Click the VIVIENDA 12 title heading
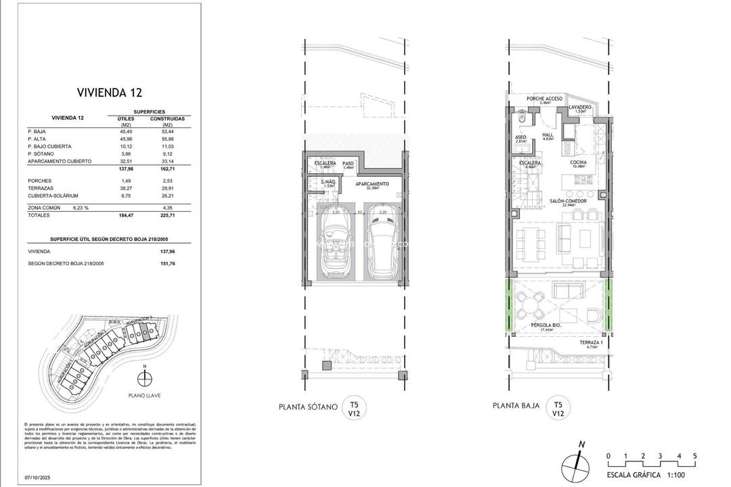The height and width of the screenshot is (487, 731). [x=109, y=93]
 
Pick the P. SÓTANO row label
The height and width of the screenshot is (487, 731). [x=41, y=154]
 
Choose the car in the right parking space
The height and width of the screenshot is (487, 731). [x=383, y=248]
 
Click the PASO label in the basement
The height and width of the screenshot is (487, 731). [x=348, y=164]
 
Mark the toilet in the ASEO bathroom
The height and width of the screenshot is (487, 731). [x=520, y=119]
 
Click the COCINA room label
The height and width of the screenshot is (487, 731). [x=578, y=163]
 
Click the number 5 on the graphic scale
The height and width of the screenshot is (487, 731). [x=694, y=455]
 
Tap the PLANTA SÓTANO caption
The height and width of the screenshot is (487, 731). [x=308, y=407]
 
